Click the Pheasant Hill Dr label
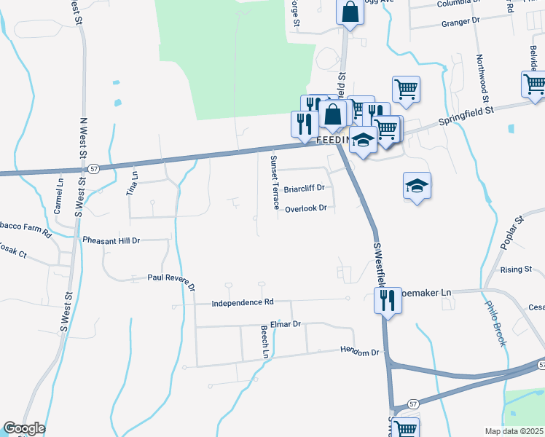point(111,240)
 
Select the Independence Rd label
point(243,302)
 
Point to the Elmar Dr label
point(285,323)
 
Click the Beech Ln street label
point(265,341)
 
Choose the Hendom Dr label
point(361,352)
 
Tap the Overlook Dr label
point(305,208)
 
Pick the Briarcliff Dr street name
point(303,187)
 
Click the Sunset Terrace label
point(274,181)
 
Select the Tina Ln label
point(133,184)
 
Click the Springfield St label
point(466,115)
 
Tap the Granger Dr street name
point(463,23)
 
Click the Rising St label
point(516,269)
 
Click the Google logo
point(24,428)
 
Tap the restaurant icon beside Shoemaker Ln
point(387,299)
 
